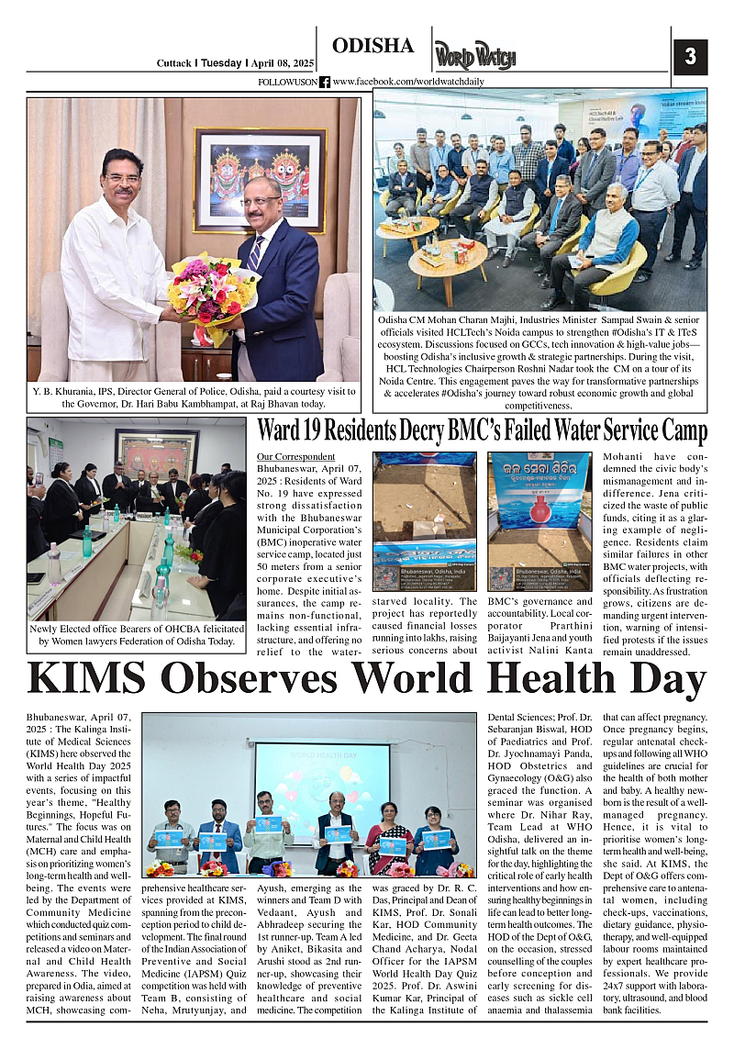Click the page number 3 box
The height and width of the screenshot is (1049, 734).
tap(690, 57)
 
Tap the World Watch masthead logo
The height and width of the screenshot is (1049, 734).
tap(474, 56)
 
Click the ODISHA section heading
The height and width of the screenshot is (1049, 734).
tap(373, 46)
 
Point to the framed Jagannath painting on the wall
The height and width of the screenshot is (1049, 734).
tap(260, 178)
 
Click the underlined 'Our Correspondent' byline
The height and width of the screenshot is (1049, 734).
tap(296, 457)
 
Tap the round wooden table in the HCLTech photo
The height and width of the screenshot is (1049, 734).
tap(448, 258)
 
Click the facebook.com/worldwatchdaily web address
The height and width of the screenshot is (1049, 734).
tap(408, 82)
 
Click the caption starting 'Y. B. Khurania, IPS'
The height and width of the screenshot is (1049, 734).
tap(193, 397)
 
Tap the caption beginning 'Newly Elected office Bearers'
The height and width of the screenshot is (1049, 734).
tap(138, 634)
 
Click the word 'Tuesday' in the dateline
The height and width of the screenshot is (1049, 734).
tap(220, 63)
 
